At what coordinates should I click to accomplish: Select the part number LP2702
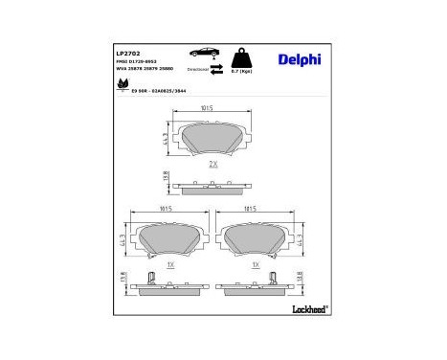pos(129,54)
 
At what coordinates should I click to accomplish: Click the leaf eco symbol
pos(123,85)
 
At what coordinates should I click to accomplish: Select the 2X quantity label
pos(212,165)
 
